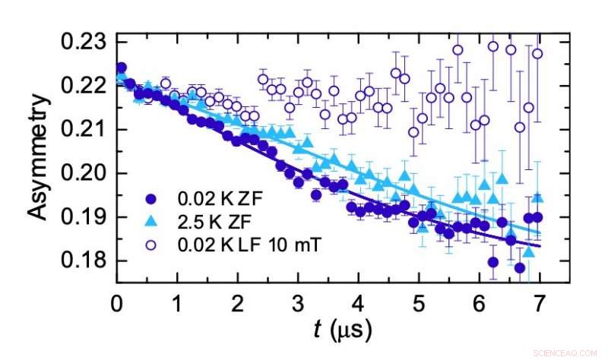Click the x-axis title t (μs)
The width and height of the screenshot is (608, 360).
[344, 330]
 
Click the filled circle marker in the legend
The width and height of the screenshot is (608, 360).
[152, 200]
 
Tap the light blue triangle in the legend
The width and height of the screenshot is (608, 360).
[152, 222]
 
